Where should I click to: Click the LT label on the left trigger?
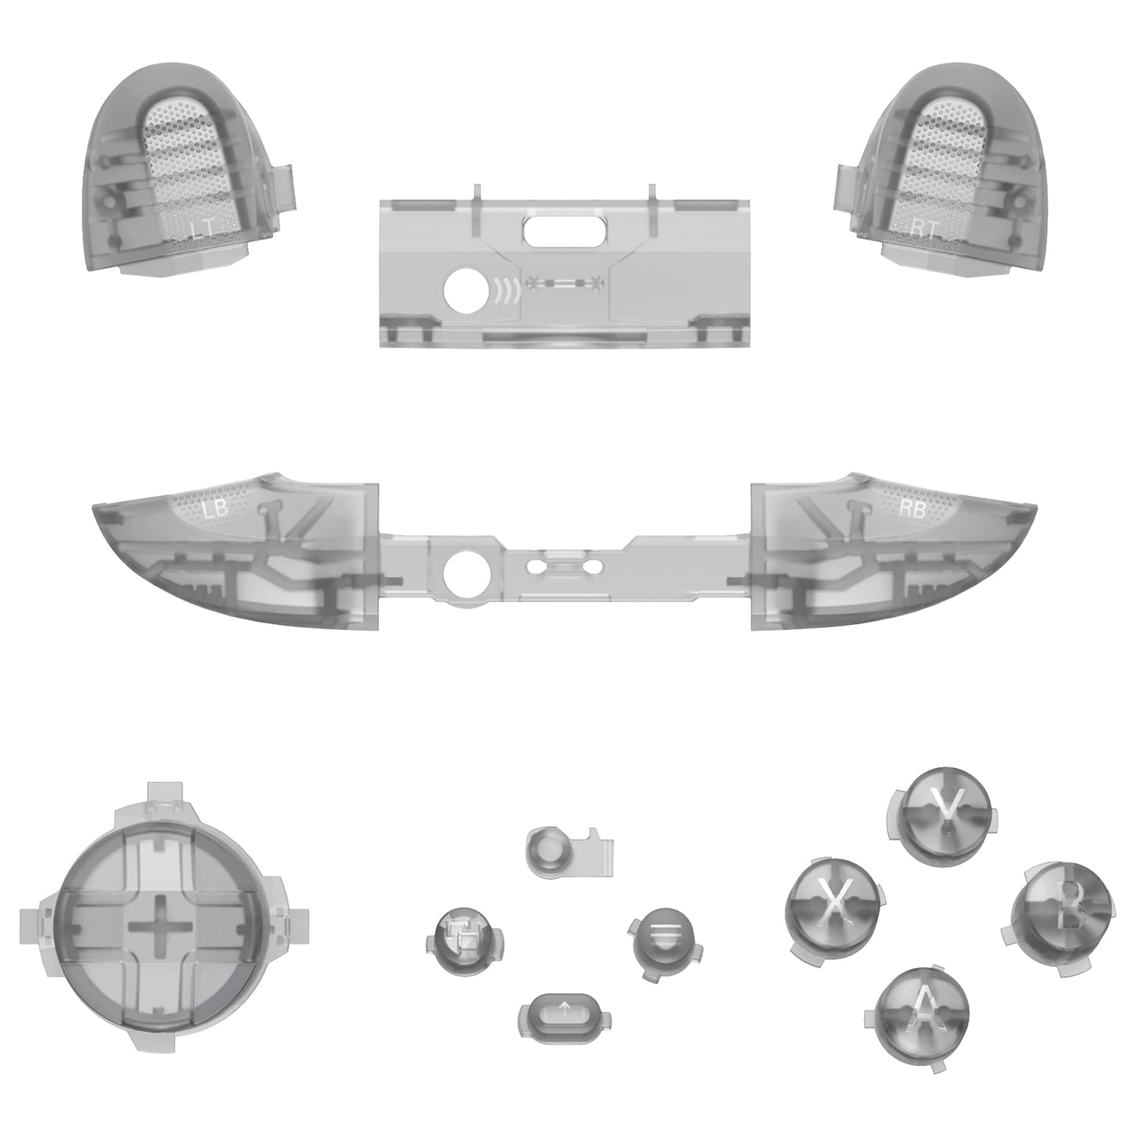coord(202,229)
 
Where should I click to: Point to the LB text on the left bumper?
coord(215,509)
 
